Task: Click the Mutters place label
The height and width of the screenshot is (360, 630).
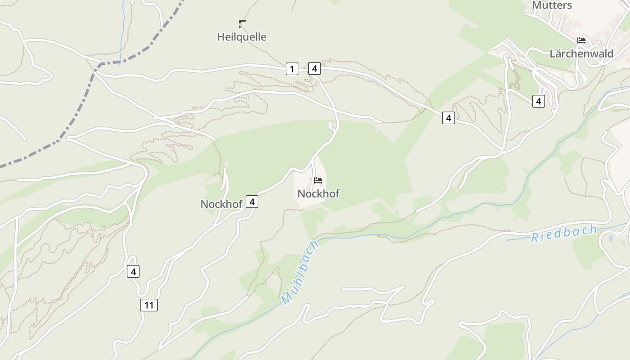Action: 552,5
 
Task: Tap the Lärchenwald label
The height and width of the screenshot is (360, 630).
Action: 581,54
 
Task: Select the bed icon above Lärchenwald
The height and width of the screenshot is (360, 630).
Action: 581,40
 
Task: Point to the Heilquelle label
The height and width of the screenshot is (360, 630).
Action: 242,37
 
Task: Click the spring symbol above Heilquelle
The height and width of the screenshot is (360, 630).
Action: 242,23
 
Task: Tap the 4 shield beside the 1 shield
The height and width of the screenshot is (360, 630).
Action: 315,68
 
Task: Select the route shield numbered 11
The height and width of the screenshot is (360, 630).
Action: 149,305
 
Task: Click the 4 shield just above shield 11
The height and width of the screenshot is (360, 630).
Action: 133,271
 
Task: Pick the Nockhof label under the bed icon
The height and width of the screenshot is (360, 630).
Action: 318,193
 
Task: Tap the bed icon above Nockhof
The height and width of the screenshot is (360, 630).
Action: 318,180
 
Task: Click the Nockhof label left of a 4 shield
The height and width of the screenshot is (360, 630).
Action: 221,204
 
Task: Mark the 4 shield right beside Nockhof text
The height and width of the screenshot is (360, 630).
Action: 252,202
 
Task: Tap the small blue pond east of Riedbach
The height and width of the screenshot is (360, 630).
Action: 610,238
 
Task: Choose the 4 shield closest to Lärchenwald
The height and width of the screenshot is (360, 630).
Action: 538,101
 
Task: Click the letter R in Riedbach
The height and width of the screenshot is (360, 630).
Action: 535,238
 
